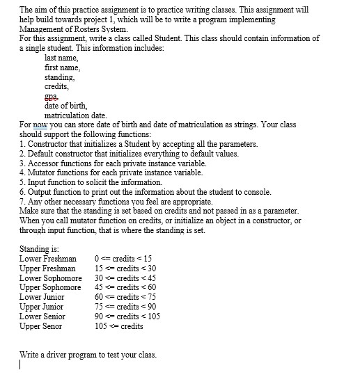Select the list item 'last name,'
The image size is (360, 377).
[63, 58]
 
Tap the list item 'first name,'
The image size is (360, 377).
[63, 67]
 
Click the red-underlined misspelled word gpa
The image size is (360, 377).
[51, 97]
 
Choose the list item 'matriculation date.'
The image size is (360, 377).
[75, 115]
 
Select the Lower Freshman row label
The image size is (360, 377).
[49, 258]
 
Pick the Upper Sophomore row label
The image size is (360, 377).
[50, 287]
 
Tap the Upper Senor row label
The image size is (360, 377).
[41, 326]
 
